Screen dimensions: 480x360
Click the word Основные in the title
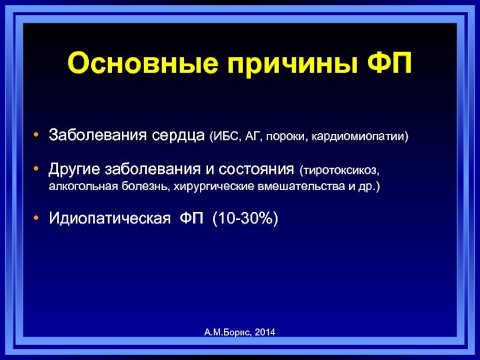(x=143, y=64)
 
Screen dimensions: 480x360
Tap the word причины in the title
(x=293, y=65)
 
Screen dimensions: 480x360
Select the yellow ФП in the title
(x=389, y=63)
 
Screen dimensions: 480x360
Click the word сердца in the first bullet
(x=178, y=136)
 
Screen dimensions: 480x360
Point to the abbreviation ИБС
(x=224, y=136)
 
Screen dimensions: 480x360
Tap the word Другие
(x=74, y=169)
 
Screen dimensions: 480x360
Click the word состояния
(x=256, y=169)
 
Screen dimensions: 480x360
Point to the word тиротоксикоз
(x=340, y=170)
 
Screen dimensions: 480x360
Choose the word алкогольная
(x=83, y=186)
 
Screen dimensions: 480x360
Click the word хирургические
(x=214, y=187)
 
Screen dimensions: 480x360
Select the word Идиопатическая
(x=110, y=218)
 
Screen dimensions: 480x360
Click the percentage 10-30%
(x=245, y=218)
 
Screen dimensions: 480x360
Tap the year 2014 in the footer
(x=265, y=332)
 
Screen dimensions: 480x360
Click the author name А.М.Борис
(x=228, y=332)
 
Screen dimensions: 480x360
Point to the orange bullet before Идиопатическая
(x=36, y=218)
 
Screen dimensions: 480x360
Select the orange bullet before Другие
(x=36, y=168)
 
